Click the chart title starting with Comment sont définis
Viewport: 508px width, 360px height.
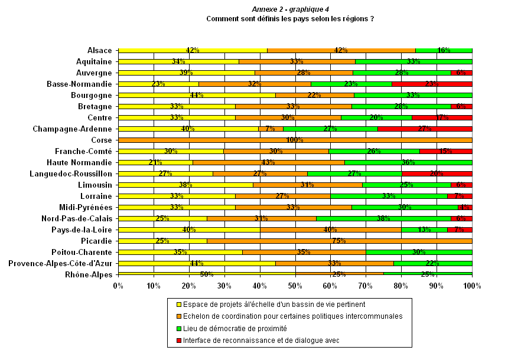289,19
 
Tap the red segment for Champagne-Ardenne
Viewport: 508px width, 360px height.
425,129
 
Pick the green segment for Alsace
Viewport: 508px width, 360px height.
444,50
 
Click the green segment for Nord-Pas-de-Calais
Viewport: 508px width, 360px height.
383,218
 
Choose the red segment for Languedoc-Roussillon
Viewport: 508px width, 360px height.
437,174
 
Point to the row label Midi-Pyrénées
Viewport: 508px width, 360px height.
85,207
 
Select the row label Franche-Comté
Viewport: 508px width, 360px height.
83,151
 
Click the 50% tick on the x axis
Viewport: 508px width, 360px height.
295,286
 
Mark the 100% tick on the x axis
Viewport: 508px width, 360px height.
472,286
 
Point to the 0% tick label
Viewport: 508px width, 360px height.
118,286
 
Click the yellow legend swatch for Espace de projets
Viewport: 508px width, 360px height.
178,305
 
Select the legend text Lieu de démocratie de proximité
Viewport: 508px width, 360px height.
235,328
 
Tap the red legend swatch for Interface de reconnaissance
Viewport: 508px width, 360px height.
178,340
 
